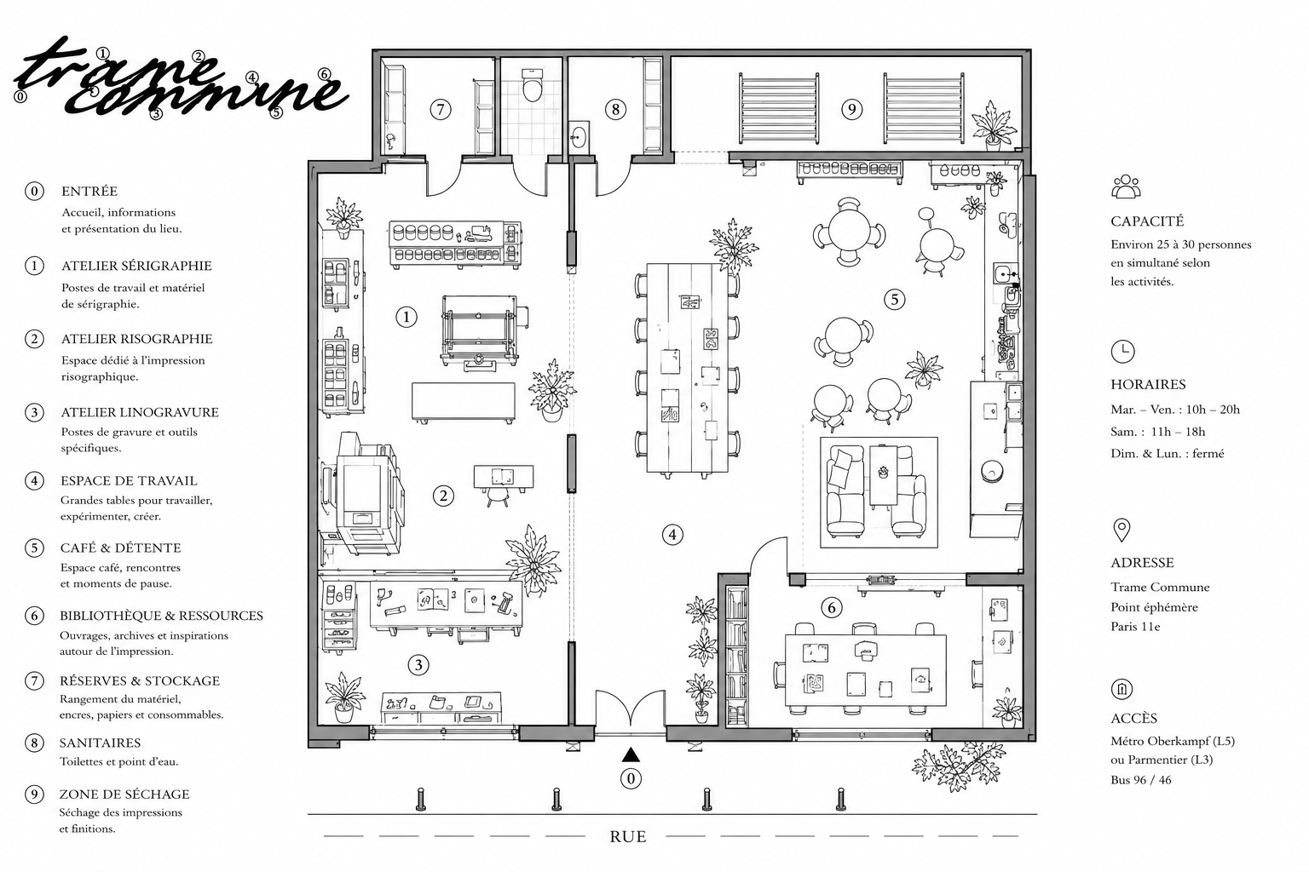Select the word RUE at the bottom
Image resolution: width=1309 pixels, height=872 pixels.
pyautogui.click(x=627, y=837)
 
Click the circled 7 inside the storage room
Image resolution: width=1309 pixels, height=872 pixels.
pyautogui.click(x=441, y=109)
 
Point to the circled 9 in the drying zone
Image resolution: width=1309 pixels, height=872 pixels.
pyautogui.click(x=851, y=109)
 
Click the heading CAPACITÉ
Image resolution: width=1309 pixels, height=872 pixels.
pyautogui.click(x=1147, y=221)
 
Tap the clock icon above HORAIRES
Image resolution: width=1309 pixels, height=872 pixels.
pyautogui.click(x=1122, y=352)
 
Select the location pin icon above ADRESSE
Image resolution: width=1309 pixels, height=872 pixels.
pyautogui.click(x=1122, y=531)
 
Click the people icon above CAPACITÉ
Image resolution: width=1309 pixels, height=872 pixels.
pyautogui.click(x=1126, y=186)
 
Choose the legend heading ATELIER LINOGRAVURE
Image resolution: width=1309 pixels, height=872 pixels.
pyautogui.click(x=140, y=412)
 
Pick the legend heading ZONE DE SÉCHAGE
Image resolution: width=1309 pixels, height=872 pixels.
pyautogui.click(x=124, y=795)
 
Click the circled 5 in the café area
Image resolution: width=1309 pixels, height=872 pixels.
pyautogui.click(x=894, y=300)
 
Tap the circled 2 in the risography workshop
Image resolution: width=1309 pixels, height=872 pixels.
pyautogui.click(x=443, y=496)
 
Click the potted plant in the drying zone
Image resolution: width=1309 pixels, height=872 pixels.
pyautogui.click(x=992, y=126)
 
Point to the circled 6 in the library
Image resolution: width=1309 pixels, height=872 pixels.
pyautogui.click(x=832, y=607)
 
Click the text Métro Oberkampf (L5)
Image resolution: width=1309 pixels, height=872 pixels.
pyautogui.click(x=1173, y=742)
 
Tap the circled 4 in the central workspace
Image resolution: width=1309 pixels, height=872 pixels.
pyautogui.click(x=672, y=535)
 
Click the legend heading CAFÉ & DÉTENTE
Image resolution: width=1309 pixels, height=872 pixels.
pyautogui.click(x=120, y=548)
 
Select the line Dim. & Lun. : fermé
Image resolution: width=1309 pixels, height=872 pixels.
pyautogui.click(x=1167, y=453)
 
